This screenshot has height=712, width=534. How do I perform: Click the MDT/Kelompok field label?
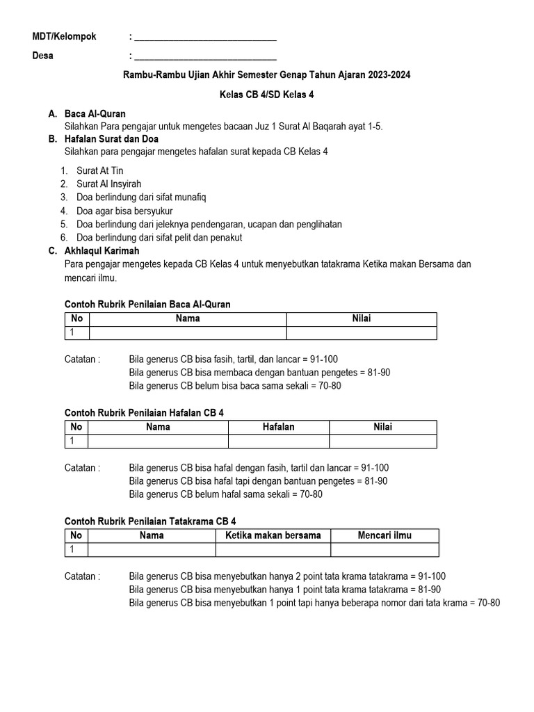tap(65, 37)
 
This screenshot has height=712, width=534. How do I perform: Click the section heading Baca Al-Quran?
tap(95, 113)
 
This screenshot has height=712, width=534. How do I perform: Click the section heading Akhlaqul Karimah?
tap(102, 250)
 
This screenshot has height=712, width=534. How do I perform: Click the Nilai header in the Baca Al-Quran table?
tap(362, 318)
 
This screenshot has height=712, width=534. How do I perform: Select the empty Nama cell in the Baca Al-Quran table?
tap(188, 333)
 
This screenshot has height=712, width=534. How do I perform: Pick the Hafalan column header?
tap(278, 427)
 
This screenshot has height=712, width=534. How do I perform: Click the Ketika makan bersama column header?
tap(273, 535)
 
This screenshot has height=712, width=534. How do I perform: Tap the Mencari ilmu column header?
tap(385, 535)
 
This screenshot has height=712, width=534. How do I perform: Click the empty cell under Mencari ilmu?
tap(385, 550)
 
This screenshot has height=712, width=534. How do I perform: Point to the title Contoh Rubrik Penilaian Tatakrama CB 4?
tap(154, 521)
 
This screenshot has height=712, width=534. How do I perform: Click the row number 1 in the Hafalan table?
tap(72, 442)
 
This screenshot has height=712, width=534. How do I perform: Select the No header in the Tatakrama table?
tap(76, 535)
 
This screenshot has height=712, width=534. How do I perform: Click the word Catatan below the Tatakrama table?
tap(82, 576)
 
